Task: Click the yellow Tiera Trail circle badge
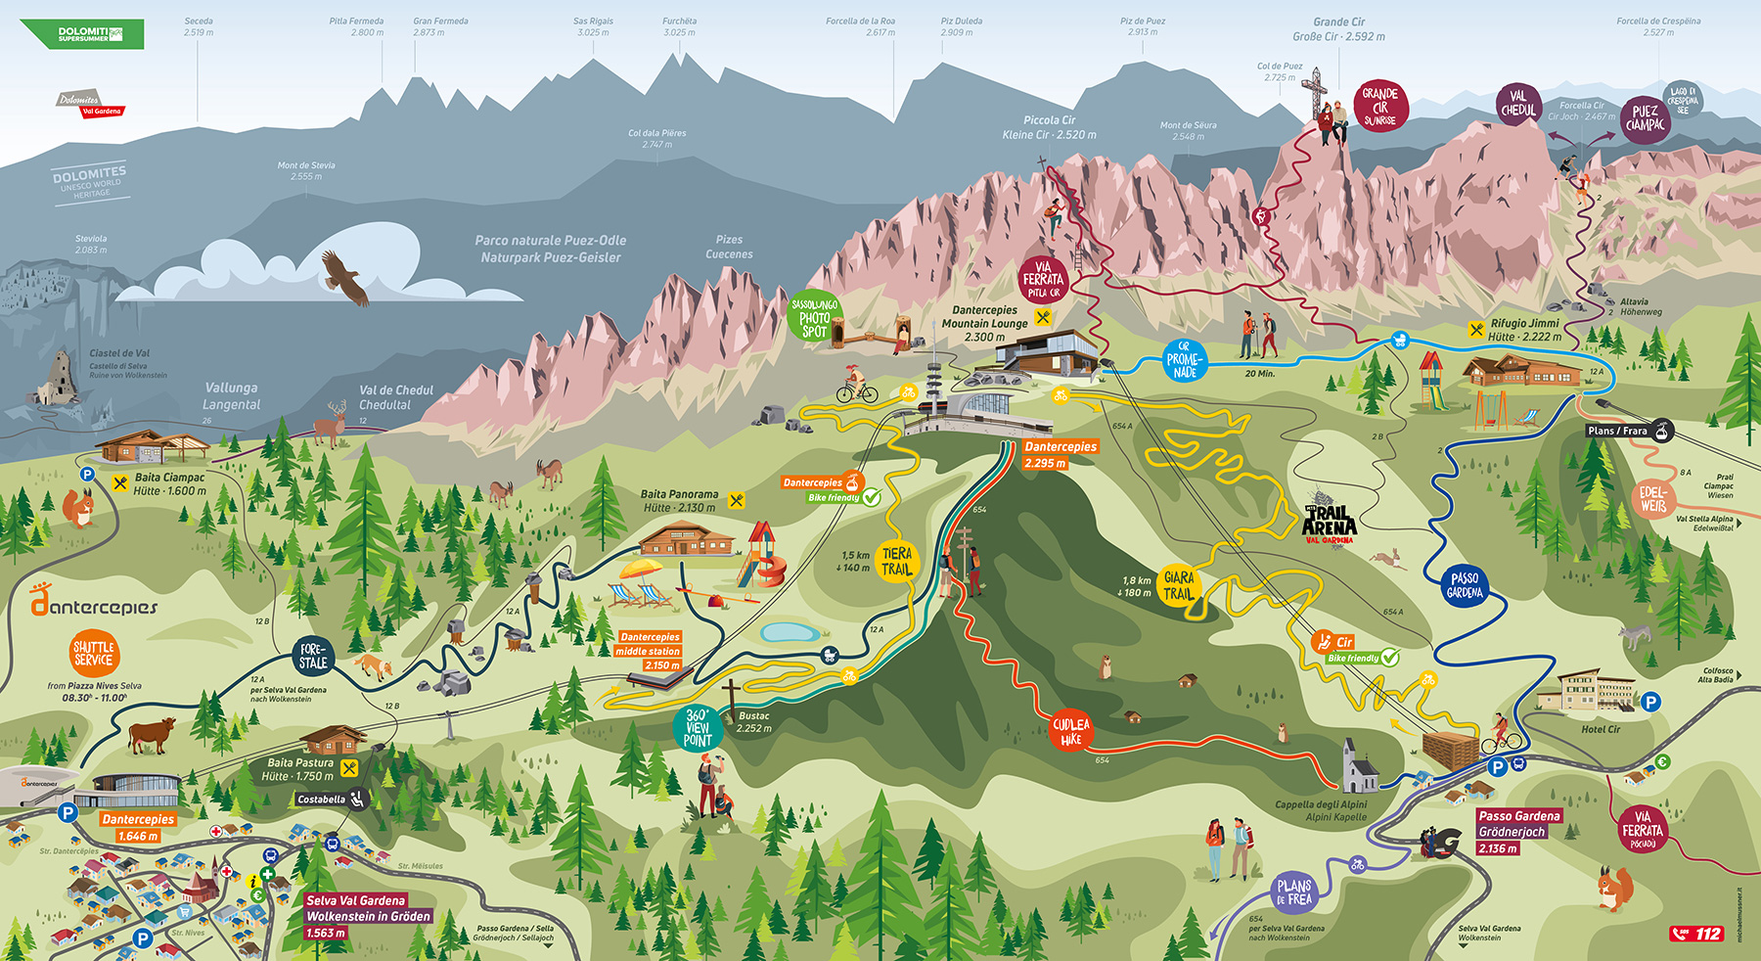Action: (x=897, y=562)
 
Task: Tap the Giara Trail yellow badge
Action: (x=1178, y=586)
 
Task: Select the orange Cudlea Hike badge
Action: (x=1071, y=732)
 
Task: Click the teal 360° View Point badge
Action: (x=697, y=727)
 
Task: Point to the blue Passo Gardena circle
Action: (x=1465, y=585)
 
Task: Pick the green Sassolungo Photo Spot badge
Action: (x=814, y=317)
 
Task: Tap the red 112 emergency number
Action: (x=1696, y=934)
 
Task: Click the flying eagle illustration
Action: (x=346, y=278)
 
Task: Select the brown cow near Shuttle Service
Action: (x=151, y=734)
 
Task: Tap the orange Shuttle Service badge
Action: (x=94, y=654)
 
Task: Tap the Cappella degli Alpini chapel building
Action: (x=1358, y=767)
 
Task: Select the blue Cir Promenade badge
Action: (x=1184, y=360)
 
